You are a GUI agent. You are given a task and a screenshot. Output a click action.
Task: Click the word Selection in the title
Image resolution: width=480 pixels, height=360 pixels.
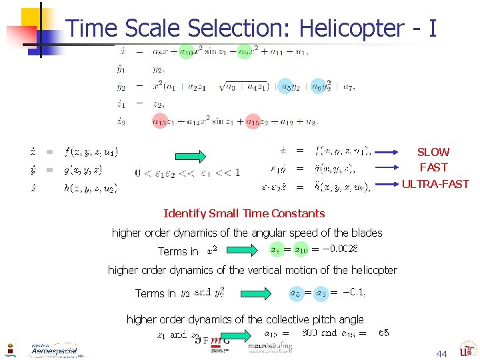240,28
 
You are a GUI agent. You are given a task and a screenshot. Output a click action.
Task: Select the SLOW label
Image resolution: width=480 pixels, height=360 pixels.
433,153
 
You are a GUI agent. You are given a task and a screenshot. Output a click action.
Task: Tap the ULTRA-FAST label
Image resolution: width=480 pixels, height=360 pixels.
435,184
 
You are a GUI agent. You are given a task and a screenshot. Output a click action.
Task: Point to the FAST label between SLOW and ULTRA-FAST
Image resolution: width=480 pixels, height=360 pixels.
433,168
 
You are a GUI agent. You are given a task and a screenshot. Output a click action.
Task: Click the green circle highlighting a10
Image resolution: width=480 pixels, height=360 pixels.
187,51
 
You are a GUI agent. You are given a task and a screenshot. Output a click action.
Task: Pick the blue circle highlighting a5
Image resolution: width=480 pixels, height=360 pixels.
285,86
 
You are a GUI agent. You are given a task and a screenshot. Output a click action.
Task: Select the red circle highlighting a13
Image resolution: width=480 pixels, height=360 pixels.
159,121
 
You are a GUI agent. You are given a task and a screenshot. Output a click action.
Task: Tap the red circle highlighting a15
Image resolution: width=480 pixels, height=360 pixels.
252,121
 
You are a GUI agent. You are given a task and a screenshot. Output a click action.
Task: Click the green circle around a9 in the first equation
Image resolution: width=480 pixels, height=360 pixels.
244,51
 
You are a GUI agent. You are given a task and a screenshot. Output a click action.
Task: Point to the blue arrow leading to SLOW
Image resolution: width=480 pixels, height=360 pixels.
393,153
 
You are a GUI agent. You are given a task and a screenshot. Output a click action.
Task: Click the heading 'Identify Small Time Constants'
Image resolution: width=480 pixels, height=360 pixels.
244,213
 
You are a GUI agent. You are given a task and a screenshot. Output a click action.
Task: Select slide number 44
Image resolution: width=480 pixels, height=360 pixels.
441,353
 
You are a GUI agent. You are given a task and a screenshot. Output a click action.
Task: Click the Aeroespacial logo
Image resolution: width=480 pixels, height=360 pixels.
53,350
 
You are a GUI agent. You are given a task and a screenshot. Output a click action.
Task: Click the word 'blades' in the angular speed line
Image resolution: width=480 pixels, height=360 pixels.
366,233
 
